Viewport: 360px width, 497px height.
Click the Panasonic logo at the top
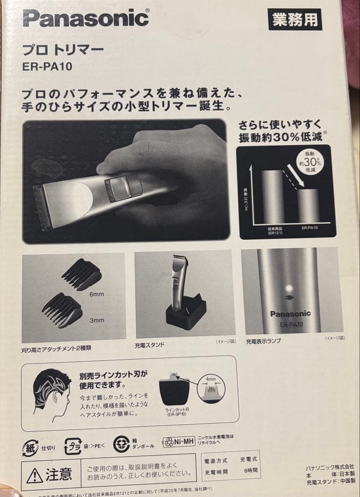(x=86, y=18)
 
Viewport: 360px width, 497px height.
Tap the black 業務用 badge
(x=295, y=19)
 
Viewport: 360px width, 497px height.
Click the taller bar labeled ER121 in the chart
(x=272, y=196)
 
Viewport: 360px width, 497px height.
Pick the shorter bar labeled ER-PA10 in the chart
(x=308, y=205)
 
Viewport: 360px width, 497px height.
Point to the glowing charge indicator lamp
(x=290, y=289)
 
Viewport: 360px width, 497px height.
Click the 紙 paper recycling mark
(x=30, y=447)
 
